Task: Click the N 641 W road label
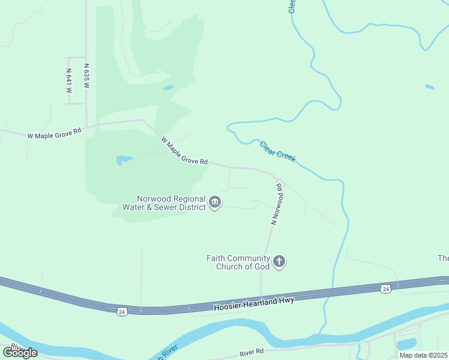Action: [69, 81]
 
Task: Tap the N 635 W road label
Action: [86, 77]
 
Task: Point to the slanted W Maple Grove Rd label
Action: [184, 151]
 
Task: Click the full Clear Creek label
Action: [277, 150]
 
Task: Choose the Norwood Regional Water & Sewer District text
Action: [171, 203]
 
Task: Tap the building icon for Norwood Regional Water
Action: [215, 203]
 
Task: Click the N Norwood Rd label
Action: [276, 205]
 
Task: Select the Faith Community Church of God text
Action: [238, 262]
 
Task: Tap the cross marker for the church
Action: [279, 262]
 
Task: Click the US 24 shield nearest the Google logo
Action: [122, 311]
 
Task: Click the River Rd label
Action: [252, 352]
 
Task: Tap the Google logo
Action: [20, 353]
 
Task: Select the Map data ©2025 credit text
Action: [423, 355]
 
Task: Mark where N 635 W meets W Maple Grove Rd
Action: [86, 127]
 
